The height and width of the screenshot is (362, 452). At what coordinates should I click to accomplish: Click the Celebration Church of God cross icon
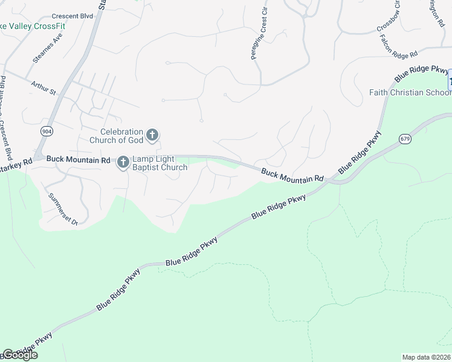click(x=152, y=135)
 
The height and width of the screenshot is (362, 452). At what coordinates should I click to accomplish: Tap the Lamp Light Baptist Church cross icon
click(x=123, y=161)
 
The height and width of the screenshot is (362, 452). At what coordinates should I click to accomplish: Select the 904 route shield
click(x=47, y=130)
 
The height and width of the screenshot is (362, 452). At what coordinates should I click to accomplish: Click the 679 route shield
click(x=405, y=139)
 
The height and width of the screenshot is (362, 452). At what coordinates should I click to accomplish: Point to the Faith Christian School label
click(x=410, y=92)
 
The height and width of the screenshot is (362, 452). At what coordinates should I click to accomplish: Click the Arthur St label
click(x=43, y=88)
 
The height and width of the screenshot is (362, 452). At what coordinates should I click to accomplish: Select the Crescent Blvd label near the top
click(x=73, y=16)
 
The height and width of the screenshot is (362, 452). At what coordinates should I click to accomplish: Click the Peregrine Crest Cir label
click(x=258, y=34)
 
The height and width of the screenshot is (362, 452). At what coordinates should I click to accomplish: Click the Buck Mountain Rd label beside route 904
click(x=78, y=160)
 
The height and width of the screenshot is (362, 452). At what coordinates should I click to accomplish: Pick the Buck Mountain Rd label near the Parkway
click(x=292, y=176)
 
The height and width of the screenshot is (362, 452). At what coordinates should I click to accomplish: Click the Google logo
click(x=20, y=355)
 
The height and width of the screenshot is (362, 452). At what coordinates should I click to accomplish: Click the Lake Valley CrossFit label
click(x=33, y=26)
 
